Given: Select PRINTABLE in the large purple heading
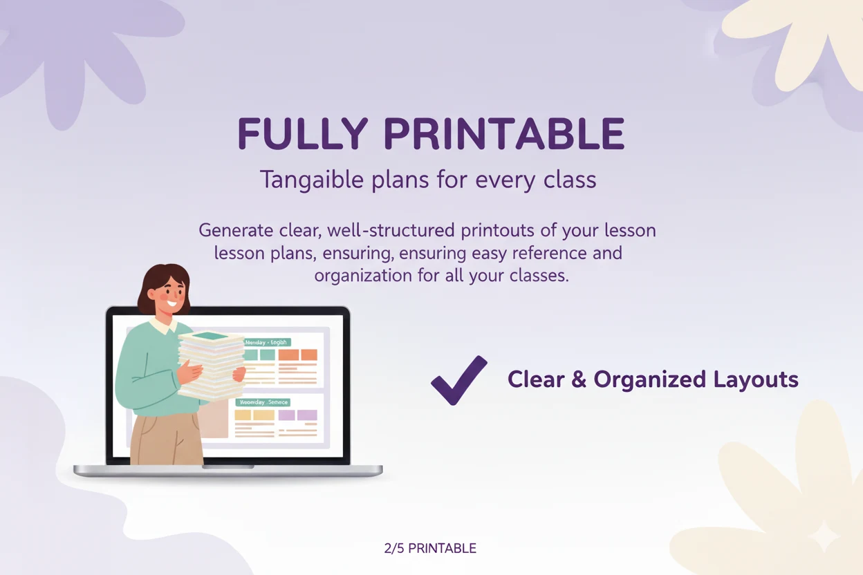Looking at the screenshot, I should tap(504, 134).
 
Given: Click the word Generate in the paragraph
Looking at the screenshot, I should tap(233, 230).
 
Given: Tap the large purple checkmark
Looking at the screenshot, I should tap(458, 379).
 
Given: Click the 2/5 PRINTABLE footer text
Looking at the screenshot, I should tap(430, 548).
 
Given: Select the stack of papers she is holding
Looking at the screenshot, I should tap(211, 366).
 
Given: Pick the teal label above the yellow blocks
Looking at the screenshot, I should tap(262, 402).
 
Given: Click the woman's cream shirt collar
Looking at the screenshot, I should tap(164, 324).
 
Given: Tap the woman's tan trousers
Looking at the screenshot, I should tap(166, 439).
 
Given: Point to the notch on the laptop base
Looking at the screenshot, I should tap(228, 467).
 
